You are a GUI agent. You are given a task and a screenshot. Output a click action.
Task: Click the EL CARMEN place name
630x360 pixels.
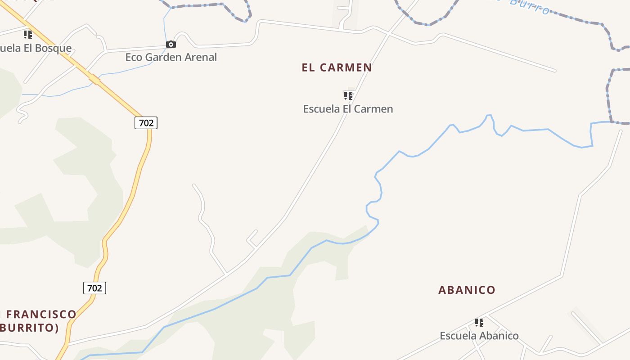coord(337,68)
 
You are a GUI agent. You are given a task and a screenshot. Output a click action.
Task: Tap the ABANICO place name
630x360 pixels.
coord(467,290)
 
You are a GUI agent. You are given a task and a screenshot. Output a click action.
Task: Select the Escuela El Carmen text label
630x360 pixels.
coord(348,109)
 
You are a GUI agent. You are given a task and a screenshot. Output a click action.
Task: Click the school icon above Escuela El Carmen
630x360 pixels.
coord(348,95)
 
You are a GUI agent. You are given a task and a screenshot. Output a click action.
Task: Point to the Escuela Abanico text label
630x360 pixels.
coord(479,336)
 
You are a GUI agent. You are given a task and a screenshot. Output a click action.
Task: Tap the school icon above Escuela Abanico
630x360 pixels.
coord(479,322)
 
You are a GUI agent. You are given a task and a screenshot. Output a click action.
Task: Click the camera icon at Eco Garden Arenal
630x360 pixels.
coord(171,44)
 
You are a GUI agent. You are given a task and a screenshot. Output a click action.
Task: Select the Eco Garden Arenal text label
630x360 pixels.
coord(171,57)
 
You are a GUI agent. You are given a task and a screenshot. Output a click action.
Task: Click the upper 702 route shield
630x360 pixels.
coord(146,122)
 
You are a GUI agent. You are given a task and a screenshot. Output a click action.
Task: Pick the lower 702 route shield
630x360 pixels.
coord(94,288)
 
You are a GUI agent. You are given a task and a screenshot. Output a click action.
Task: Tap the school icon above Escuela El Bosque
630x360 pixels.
coord(28,34)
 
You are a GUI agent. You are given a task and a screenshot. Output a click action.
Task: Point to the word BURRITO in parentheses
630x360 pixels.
coord(28,328)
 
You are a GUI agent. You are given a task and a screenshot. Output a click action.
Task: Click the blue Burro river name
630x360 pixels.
coord(529,7)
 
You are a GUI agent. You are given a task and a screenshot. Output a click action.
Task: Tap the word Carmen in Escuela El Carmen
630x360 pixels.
coord(374,109)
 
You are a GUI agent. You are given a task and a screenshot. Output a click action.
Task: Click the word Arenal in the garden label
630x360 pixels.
coord(200,57)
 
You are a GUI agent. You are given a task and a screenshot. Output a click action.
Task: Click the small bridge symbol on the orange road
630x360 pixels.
coord(94,80)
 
